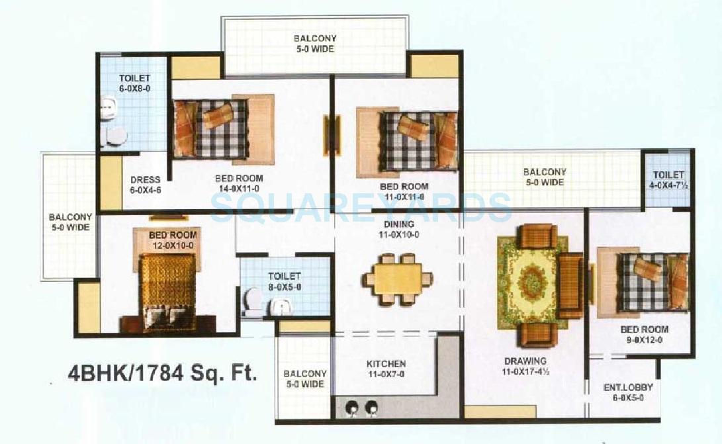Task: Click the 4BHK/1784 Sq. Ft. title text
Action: tap(162, 374)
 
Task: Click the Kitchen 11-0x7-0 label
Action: tap(386, 369)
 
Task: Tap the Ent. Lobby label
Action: tap(623, 392)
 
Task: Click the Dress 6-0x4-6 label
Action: tap(145, 184)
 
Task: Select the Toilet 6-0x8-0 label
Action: tap(134, 83)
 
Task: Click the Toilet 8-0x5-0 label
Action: tap(285, 281)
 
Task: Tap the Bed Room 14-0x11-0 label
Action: tap(239, 183)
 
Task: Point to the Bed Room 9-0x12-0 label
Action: tap(644, 334)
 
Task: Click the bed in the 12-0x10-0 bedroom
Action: tap(167, 291)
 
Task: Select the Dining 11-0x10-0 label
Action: tap(398, 230)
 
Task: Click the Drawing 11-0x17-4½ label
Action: tap(525, 367)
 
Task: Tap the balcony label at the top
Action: tap(315, 44)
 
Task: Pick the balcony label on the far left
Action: tap(69, 222)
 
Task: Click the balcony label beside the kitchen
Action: tap(304, 378)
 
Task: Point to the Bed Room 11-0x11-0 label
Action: tap(404, 191)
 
